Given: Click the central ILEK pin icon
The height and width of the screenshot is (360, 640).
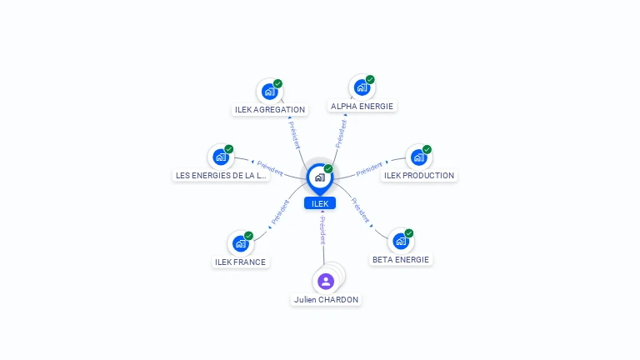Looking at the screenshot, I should click(x=319, y=177).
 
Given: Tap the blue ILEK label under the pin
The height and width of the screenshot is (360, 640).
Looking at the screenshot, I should click(x=320, y=203).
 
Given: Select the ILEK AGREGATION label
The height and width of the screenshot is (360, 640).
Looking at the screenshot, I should click(x=270, y=109).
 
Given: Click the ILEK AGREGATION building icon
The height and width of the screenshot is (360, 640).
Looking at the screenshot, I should click(x=269, y=91).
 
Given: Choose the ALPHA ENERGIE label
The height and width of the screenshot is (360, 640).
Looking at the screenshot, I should click(x=362, y=106).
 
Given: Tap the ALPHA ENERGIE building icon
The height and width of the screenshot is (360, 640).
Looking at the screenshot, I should click(x=362, y=87).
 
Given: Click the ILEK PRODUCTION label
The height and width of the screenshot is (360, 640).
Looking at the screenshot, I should click(x=419, y=175).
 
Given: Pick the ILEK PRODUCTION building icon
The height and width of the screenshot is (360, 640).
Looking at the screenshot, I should click(x=418, y=157).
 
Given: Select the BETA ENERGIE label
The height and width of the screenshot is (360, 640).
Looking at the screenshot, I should click(x=401, y=259).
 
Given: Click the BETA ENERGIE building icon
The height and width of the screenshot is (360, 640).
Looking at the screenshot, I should click(x=401, y=241).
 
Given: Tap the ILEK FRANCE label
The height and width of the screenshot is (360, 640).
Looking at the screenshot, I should click(x=240, y=262).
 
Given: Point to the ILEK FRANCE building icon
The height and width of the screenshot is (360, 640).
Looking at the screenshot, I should click(x=240, y=243).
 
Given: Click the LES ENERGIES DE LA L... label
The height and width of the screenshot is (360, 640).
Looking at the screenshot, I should click(x=221, y=175).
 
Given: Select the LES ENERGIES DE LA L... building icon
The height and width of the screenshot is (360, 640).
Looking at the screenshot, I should click(x=221, y=157).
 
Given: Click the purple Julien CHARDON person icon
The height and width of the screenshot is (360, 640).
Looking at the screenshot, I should click(x=326, y=281).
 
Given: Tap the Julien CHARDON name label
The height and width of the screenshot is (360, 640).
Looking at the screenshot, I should click(x=327, y=299).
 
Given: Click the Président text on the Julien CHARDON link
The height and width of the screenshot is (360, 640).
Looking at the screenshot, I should click(x=322, y=230).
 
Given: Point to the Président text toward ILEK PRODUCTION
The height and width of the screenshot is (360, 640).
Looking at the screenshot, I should click(x=368, y=170).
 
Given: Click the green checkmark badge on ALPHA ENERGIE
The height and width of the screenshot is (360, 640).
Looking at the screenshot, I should click(x=370, y=80).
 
